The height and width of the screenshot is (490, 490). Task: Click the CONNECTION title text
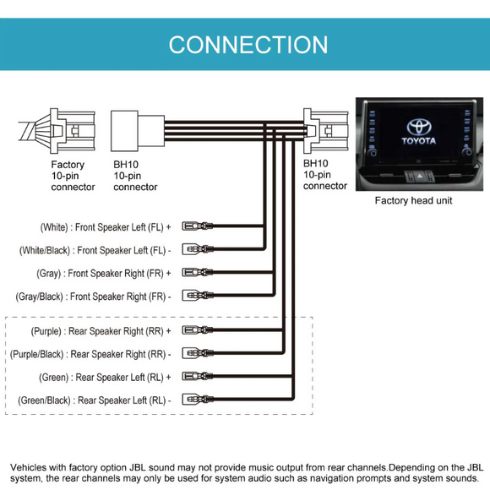coord(248,44)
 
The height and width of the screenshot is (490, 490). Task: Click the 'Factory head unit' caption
coord(414,201)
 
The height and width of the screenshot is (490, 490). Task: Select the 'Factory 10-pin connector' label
coord(73,176)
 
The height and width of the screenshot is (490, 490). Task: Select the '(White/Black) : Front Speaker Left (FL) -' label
coord(95,250)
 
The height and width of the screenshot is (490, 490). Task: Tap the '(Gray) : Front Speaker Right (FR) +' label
coord(103,274)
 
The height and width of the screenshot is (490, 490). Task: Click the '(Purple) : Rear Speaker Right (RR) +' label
coord(100,331)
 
